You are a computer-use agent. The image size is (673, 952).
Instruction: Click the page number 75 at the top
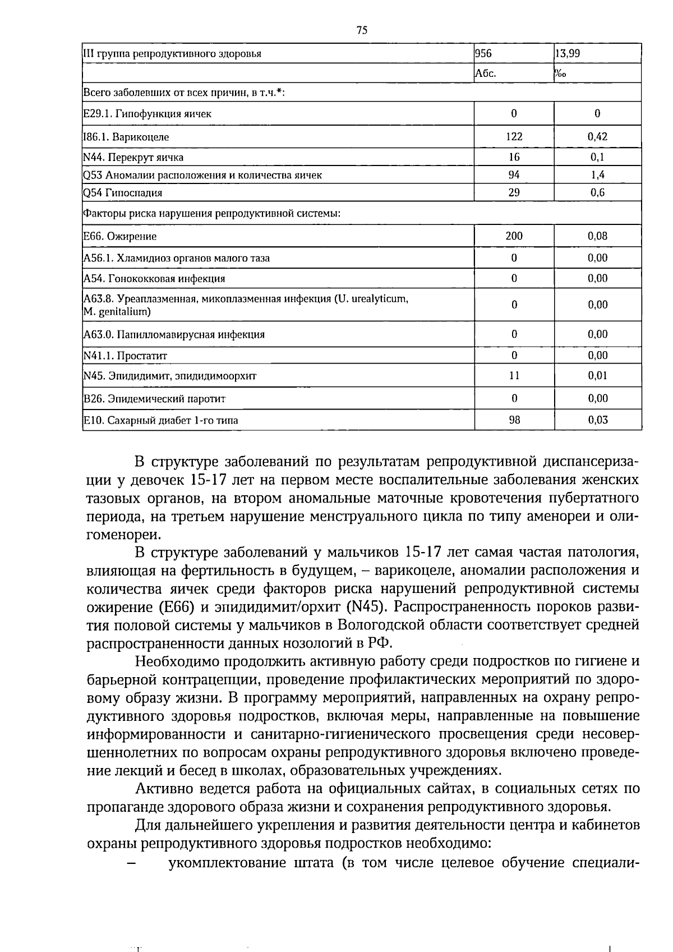[x=361, y=31]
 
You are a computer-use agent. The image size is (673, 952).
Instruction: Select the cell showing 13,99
[x=568, y=54]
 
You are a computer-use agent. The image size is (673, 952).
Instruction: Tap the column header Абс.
[x=486, y=73]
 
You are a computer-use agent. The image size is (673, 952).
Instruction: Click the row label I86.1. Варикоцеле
[x=126, y=137]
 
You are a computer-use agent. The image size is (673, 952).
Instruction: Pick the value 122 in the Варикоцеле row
[x=514, y=136]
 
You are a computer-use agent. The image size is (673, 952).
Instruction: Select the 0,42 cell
[x=597, y=136]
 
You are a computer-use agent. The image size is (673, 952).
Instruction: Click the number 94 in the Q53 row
[x=514, y=174]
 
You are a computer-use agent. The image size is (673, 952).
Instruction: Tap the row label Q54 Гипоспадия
[x=123, y=193]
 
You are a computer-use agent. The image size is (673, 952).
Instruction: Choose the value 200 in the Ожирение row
[x=514, y=236]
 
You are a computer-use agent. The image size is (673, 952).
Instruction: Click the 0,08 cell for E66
[x=597, y=236]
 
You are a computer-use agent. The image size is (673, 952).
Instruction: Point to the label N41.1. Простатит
[x=125, y=356]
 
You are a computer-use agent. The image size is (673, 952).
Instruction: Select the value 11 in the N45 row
[x=514, y=375]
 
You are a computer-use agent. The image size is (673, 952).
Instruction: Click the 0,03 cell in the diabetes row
[x=597, y=420]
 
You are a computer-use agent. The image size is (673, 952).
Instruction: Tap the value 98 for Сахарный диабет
[x=514, y=420]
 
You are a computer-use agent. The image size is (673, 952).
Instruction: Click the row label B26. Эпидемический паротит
[x=154, y=399]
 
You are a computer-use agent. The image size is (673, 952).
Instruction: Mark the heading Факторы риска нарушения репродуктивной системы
[x=212, y=214]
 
